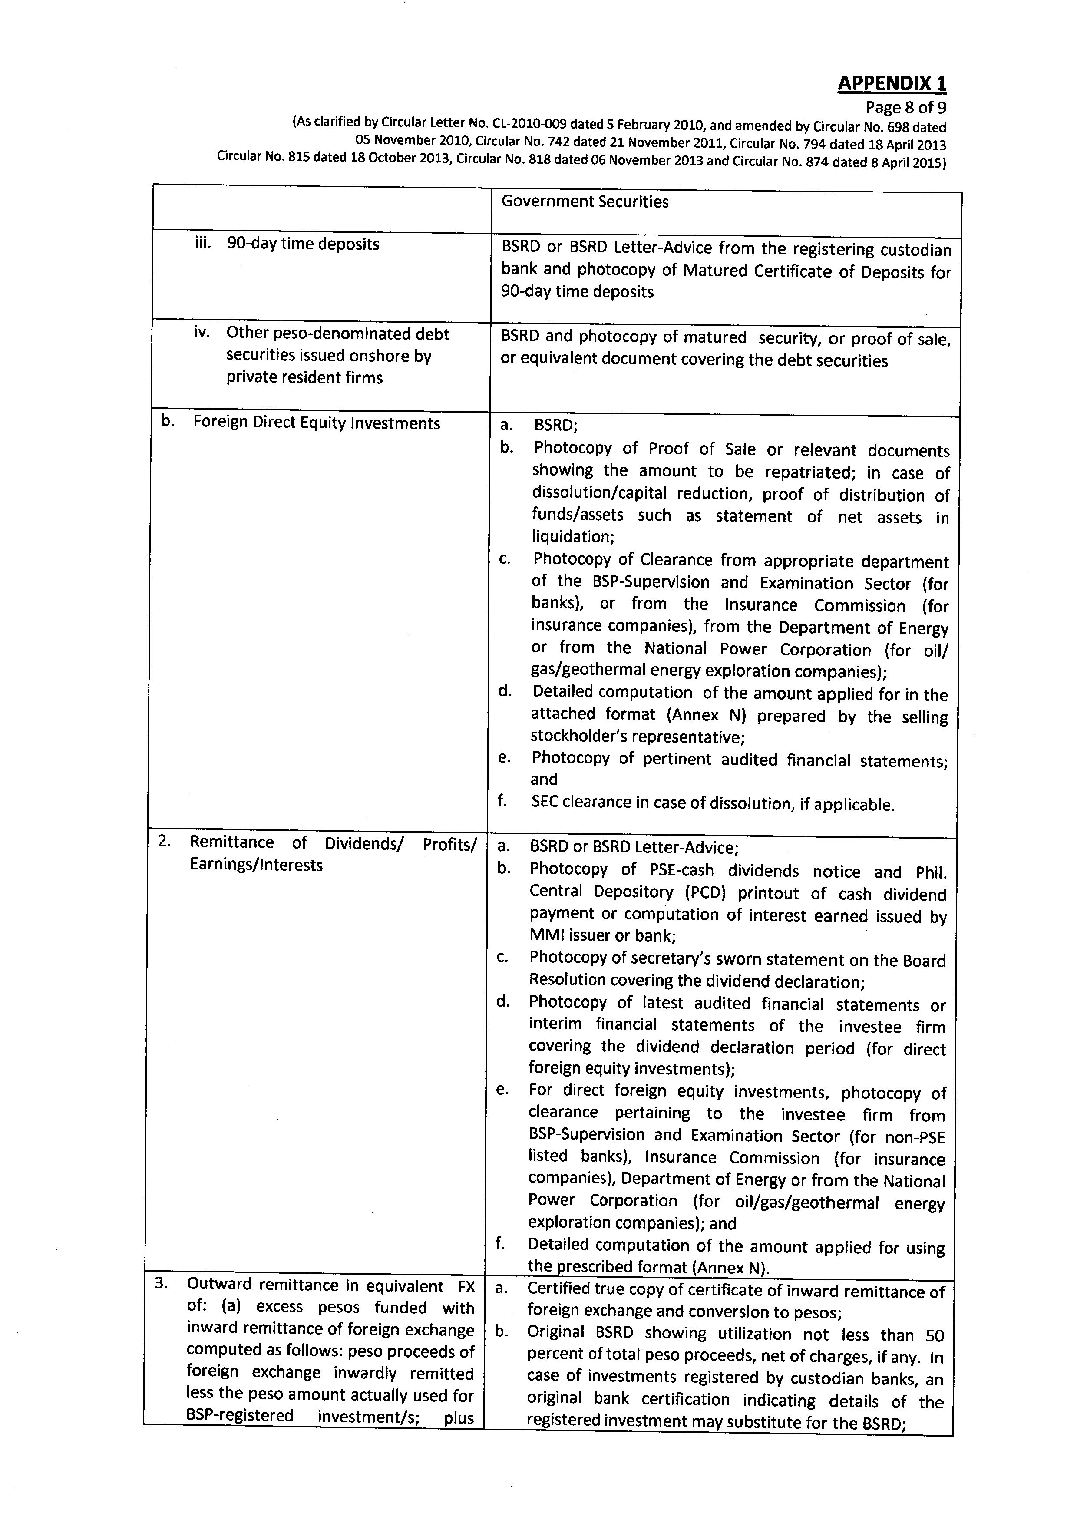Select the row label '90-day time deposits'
coord(303,244)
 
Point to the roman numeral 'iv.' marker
coord(202,332)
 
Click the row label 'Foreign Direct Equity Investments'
coord(316,423)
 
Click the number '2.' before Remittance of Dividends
coord(165,842)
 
